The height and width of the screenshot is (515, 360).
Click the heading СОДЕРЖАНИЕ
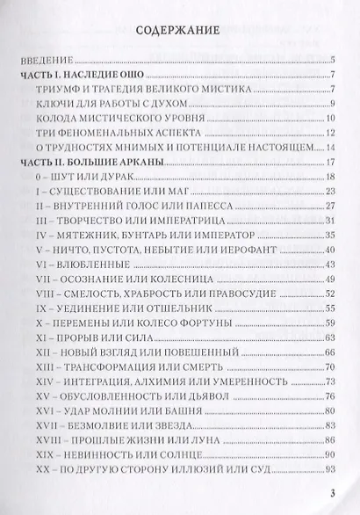click(x=180, y=31)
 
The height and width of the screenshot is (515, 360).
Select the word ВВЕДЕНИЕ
click(x=40, y=61)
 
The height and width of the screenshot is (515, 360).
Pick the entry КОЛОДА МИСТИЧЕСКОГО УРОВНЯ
click(x=114, y=120)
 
